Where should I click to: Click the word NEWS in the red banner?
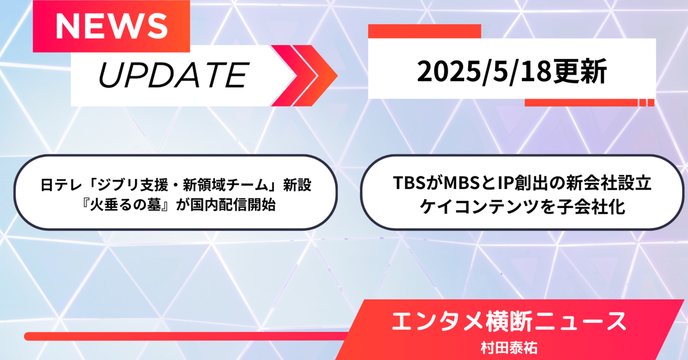(111, 26)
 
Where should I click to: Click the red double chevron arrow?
(304, 76)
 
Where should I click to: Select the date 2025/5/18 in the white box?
(485, 71)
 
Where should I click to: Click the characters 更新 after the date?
(580, 71)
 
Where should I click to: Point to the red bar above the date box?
(425, 31)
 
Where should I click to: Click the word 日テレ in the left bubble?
(62, 185)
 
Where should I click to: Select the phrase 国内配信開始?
(233, 205)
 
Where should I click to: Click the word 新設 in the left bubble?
(297, 185)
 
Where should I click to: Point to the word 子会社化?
(592, 206)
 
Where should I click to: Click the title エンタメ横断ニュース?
(509, 321)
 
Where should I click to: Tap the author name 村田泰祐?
(509, 348)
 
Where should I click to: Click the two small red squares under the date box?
(647, 103)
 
